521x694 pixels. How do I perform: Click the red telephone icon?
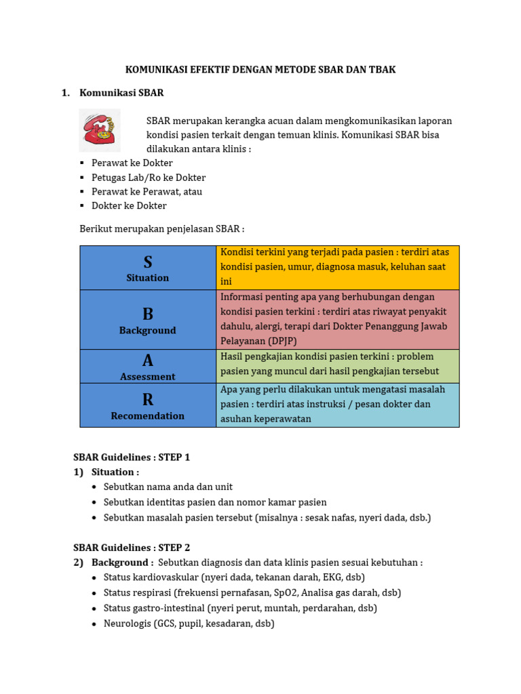[x=99, y=129]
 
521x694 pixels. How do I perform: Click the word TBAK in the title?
[x=382, y=70]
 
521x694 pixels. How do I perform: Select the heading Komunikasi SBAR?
[x=121, y=93]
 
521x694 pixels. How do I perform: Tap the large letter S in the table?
[x=148, y=262]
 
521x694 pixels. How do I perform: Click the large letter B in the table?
[x=148, y=314]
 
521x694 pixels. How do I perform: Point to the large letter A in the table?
[x=148, y=361]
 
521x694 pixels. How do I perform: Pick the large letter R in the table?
[x=148, y=400]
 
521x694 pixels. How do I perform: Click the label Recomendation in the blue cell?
[x=148, y=416]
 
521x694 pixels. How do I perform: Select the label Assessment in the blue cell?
[x=148, y=377]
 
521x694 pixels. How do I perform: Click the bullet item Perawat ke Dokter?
[x=132, y=163]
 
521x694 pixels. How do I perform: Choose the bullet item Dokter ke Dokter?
[x=129, y=206]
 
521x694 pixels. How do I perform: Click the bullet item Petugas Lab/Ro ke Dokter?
[x=149, y=178]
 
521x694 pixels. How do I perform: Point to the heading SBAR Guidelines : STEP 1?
[x=132, y=457]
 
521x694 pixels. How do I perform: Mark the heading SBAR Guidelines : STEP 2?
[x=132, y=548]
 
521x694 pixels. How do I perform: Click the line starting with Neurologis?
[x=189, y=624]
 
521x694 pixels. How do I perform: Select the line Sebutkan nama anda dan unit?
[x=168, y=487]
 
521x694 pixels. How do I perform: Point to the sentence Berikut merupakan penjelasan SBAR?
[x=162, y=229]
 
